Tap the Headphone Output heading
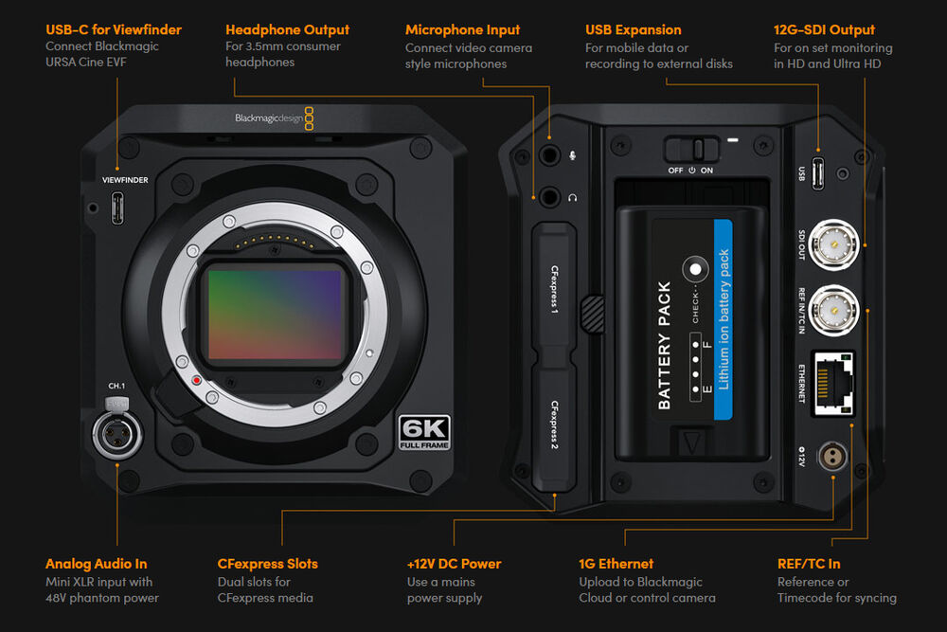[x=287, y=29]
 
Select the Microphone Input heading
[x=463, y=29]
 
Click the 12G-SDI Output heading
[x=824, y=29]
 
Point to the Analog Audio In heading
[x=97, y=564]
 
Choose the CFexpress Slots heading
[x=268, y=564]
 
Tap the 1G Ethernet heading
[x=616, y=564]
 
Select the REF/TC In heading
[x=809, y=564]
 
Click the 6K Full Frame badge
[x=424, y=432]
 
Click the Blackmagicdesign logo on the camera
[x=275, y=118]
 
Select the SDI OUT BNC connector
[x=833, y=245]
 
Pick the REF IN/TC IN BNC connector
[x=833, y=306]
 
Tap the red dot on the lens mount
[x=195, y=381]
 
